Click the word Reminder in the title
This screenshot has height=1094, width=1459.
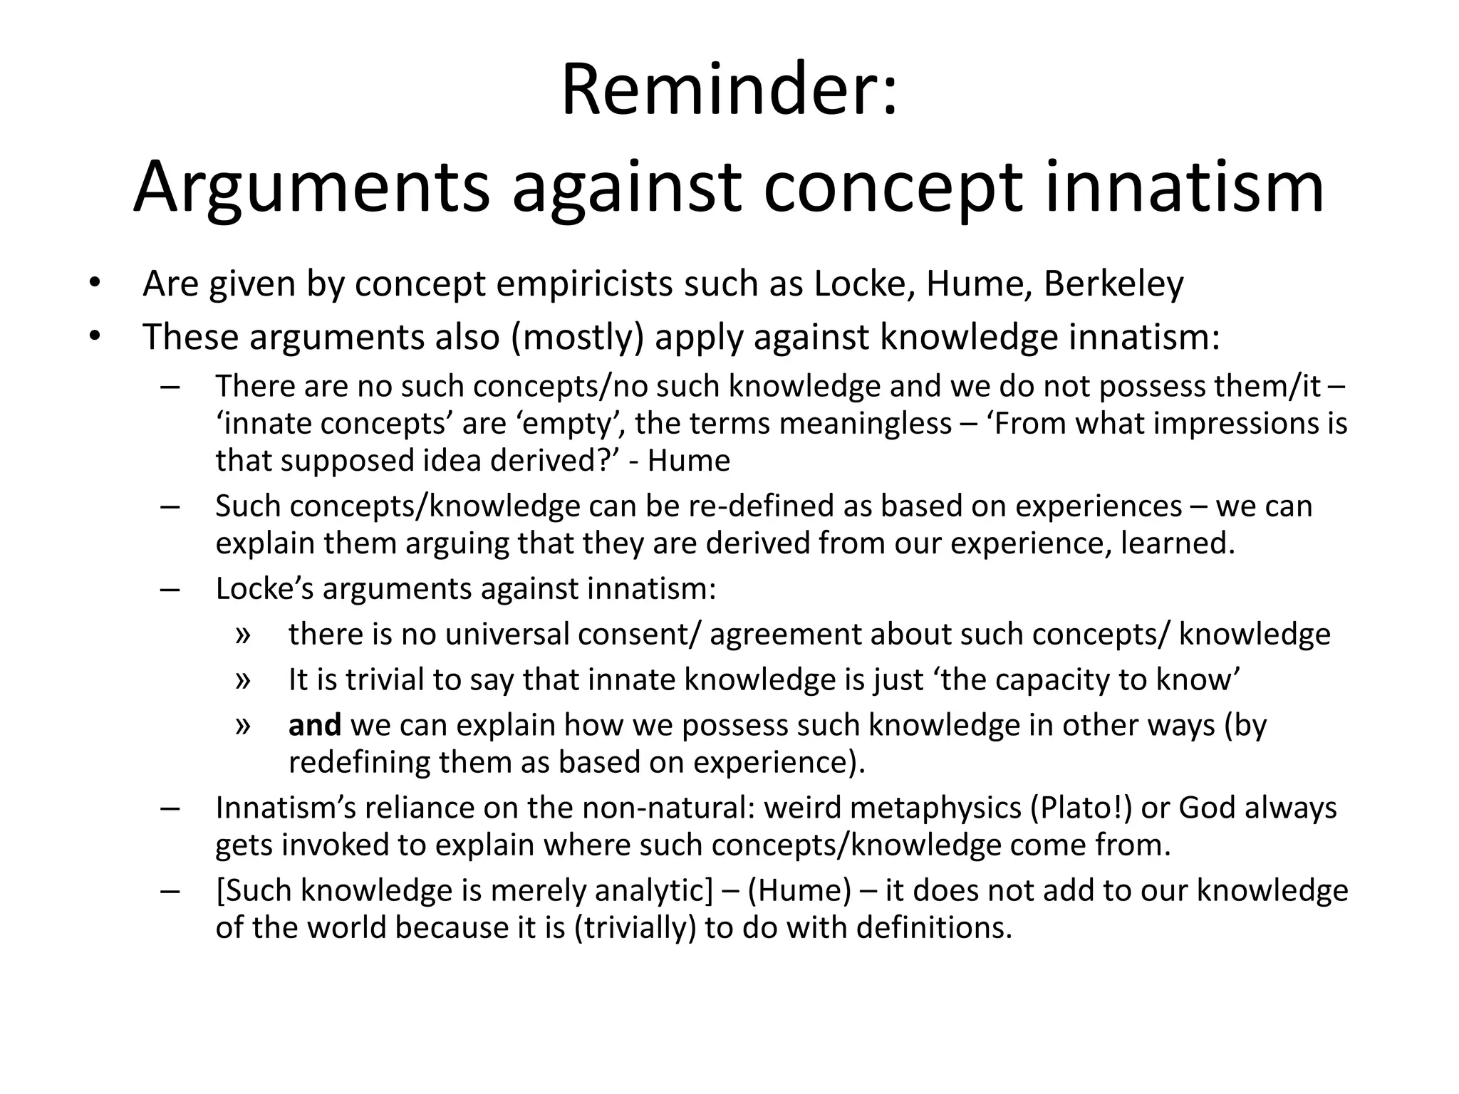pos(720,91)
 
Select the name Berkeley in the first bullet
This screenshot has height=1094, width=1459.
pos(1113,283)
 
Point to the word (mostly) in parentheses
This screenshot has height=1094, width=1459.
pos(577,336)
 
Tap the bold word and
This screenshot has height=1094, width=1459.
pos(314,725)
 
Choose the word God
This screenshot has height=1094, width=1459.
pos(1208,808)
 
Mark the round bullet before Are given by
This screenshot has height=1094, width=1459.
pos(95,284)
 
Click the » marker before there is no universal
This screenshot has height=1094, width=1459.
pos(243,635)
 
